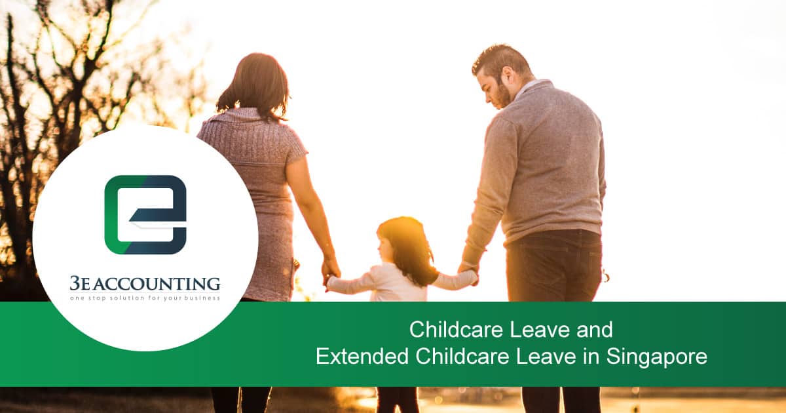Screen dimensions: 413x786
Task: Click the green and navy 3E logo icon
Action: tap(145, 214)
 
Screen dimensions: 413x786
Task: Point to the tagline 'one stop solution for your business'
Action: tap(145, 298)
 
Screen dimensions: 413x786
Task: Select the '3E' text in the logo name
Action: tap(81, 284)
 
